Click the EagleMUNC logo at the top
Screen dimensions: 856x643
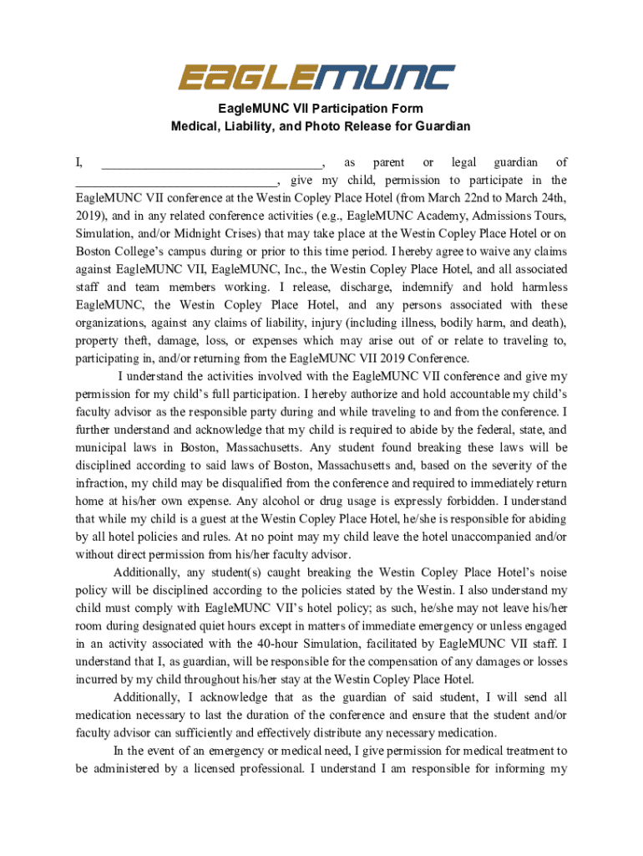pos(316,78)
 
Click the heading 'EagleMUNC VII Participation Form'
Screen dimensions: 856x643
pos(321,109)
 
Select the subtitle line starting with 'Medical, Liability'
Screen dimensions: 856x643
pos(321,126)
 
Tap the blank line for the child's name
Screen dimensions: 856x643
pos(176,180)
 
